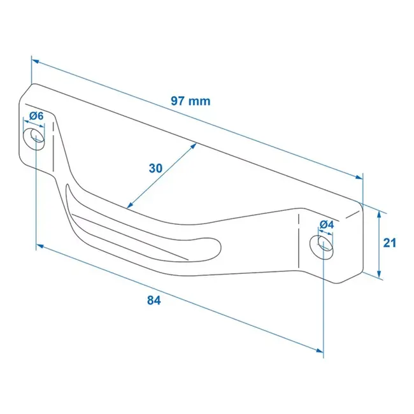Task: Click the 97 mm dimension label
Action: click(x=190, y=101)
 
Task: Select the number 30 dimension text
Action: click(x=155, y=168)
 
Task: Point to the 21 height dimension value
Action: click(x=390, y=243)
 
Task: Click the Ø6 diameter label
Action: click(x=36, y=116)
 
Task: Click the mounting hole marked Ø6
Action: click(x=35, y=138)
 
